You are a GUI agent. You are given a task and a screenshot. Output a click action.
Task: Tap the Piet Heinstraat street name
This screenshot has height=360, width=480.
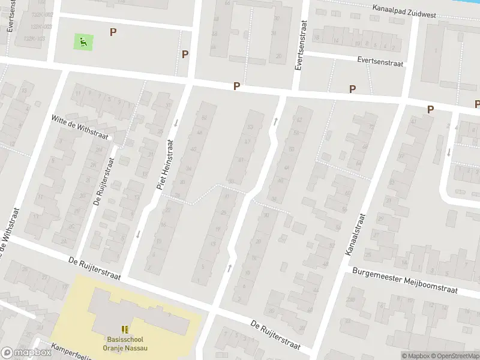pos(165,165)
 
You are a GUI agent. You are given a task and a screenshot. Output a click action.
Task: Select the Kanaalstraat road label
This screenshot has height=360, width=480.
pos(356,235)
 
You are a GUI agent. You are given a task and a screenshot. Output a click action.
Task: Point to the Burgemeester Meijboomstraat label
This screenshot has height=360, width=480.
pos(404,280)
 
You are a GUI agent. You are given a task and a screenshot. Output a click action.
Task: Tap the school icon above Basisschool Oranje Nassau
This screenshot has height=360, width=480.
pos(125,329)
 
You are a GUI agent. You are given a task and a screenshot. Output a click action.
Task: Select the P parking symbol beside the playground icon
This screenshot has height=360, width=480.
pos(112,32)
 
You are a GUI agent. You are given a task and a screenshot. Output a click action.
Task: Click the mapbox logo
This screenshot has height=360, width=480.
pos(26,353)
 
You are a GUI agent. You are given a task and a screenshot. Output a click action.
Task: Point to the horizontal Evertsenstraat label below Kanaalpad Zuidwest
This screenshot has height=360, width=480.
pos(380,61)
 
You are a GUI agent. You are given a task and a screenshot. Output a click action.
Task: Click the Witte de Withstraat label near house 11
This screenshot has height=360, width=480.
pos(80,127)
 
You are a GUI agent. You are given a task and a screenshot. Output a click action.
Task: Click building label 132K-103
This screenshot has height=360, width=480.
pos(34,38)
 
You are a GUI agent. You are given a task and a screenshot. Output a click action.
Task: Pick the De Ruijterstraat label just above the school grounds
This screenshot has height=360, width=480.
pos(94,269)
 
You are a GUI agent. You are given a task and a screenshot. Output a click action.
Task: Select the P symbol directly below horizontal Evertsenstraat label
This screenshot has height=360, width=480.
pos(352,89)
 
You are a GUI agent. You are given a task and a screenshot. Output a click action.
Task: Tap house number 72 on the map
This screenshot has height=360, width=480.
pos(371,127)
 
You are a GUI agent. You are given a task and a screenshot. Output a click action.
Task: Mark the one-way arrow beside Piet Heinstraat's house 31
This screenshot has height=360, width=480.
pos(176,123)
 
